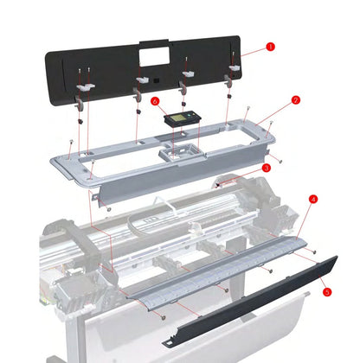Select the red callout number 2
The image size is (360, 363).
coord(295,100)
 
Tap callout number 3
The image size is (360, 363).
coord(267,167)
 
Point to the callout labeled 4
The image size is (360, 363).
coord(313,198)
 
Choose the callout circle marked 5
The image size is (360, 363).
coord(326,292)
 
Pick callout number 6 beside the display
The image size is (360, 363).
coord(154,101)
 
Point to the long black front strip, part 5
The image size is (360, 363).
coord(260,295)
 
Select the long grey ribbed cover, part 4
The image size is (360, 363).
coord(216,268)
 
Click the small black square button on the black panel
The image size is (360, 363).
coord(160,82)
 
